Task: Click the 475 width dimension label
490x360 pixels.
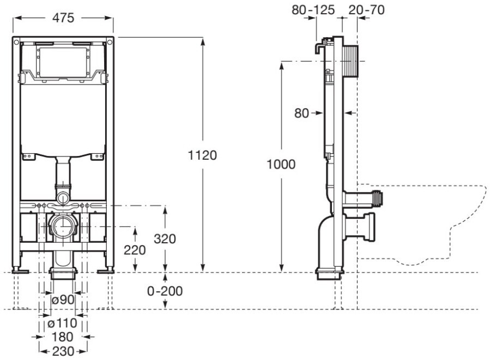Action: click(x=63, y=17)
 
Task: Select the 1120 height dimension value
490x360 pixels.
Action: click(x=202, y=155)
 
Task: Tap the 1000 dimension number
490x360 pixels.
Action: click(x=281, y=164)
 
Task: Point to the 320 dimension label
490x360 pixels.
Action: click(x=165, y=239)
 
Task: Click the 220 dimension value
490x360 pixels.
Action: click(x=135, y=250)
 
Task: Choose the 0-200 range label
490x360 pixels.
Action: click(x=165, y=291)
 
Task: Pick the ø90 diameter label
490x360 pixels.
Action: click(x=63, y=299)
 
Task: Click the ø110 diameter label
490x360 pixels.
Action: click(x=62, y=323)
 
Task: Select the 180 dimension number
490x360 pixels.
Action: click(x=63, y=337)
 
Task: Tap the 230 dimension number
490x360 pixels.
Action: click(x=63, y=351)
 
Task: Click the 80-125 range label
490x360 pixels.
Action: click(x=313, y=10)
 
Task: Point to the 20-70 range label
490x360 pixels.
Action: click(x=366, y=10)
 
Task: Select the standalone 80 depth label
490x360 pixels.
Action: click(x=301, y=113)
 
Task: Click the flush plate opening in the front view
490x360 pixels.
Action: click(x=63, y=62)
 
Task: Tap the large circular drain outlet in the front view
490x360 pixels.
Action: click(x=63, y=226)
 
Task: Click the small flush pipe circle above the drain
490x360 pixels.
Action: click(x=63, y=198)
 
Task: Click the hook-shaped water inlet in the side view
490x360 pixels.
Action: click(x=319, y=46)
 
